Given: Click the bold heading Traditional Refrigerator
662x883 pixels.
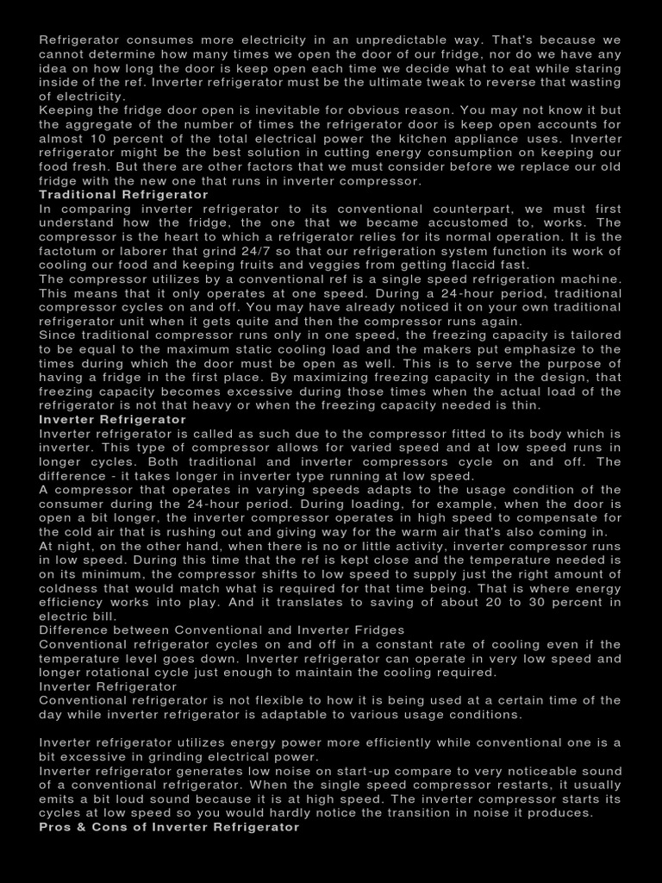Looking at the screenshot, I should [123, 195].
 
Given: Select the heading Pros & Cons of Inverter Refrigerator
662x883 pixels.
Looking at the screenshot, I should [169, 826].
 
